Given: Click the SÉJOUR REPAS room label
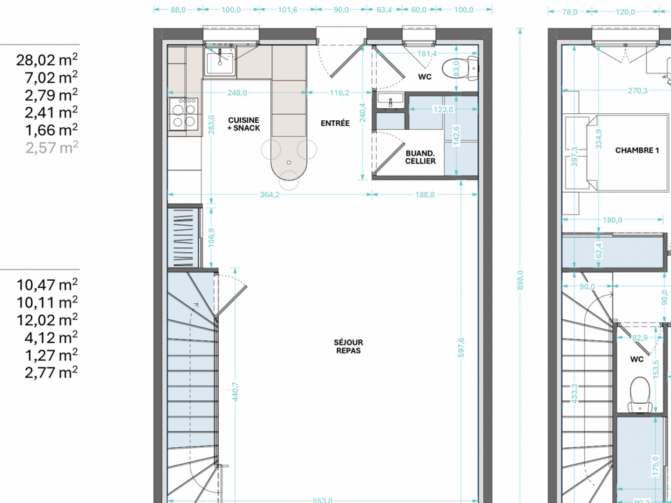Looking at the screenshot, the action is tap(348, 347).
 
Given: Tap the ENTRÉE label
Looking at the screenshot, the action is tap(335, 123).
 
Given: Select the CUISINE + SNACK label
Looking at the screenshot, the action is tap(243, 124).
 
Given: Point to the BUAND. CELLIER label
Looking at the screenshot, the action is tap(420, 157).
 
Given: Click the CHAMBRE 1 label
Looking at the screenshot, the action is tap(637, 150).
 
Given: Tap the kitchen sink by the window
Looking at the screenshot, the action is tap(220, 62).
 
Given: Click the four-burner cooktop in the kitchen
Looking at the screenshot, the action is tap(184, 114).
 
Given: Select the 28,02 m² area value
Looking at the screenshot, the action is tap(47, 60).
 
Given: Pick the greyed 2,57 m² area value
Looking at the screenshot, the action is tap(52, 147).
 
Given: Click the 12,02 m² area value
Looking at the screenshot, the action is tap(47, 320).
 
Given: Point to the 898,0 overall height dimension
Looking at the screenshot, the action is tap(520, 280).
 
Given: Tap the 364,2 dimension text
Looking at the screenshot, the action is tap(270, 195).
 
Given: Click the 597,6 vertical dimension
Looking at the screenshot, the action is tap(461, 347).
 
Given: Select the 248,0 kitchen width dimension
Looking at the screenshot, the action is tap(237, 92).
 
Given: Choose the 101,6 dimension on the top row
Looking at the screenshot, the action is tap(287, 10).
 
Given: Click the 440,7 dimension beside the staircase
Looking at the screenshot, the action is tap(236, 391).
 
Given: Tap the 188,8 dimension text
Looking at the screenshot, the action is tap(424, 195).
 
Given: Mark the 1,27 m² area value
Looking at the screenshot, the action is tap(51, 355).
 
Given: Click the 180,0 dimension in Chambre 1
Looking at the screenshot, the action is tap(612, 220).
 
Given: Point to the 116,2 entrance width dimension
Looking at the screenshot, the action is tap(340, 92).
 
